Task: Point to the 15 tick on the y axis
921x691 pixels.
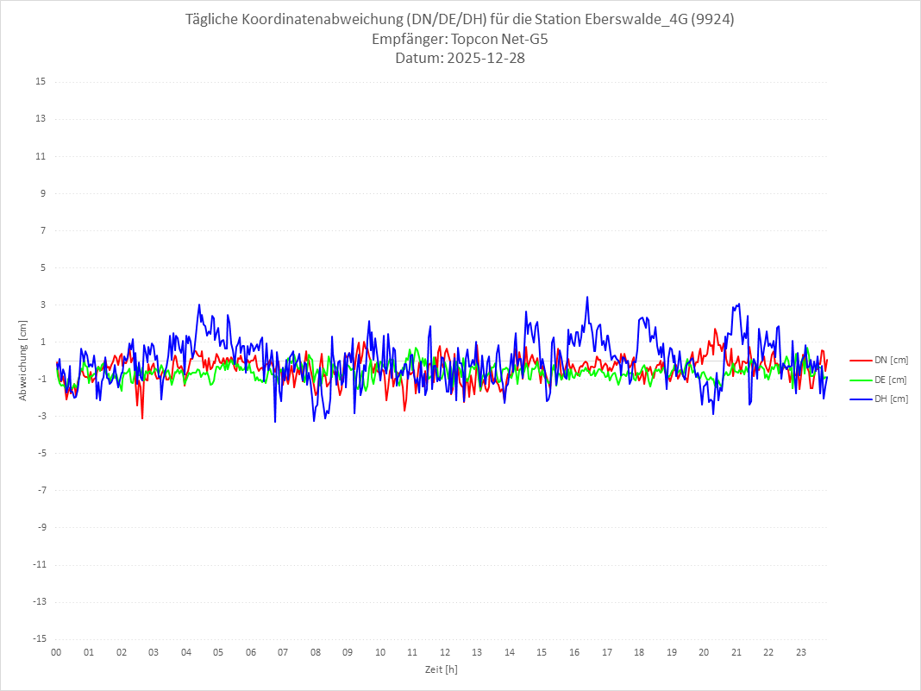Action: pos(41,82)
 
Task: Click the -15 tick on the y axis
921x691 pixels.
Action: pos(39,638)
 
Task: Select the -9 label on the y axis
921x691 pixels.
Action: pos(41,527)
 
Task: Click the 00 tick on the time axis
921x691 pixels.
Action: pos(56,652)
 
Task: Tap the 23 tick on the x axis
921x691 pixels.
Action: pos(801,652)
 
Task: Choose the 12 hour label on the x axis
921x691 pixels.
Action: pos(445,652)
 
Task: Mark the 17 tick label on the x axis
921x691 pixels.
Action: pos(607,652)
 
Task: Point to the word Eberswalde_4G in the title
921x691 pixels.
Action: pos(637,20)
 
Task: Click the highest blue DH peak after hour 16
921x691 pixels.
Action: pos(587,297)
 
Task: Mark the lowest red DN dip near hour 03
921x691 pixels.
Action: pos(142,418)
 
